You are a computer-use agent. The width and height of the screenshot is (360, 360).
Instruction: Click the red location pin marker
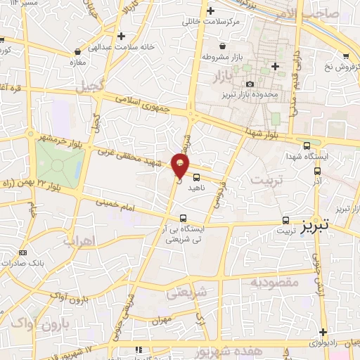click(180, 165)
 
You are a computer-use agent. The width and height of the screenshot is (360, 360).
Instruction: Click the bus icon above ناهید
click(196, 177)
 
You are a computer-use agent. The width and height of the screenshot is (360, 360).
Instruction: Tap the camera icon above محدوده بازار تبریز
click(249, 84)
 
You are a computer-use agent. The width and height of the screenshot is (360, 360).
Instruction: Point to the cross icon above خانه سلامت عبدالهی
click(122, 36)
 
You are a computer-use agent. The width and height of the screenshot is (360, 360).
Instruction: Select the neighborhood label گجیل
click(91, 86)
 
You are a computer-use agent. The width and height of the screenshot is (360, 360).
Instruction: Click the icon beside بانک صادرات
click(23, 252)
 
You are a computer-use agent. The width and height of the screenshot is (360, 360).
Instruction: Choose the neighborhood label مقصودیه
click(274, 282)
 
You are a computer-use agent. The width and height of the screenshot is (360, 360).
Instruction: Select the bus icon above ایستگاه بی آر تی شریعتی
click(184, 218)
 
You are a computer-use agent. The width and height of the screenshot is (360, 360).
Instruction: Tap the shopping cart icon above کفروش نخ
click(347, 56)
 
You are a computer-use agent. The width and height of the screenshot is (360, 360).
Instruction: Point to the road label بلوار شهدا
click(260, 132)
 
